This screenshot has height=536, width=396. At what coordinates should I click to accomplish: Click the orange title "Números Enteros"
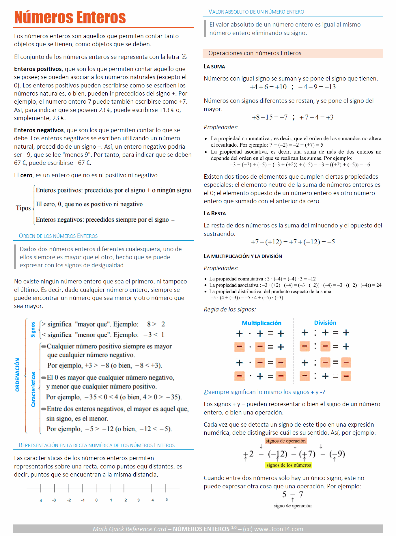point(70,17)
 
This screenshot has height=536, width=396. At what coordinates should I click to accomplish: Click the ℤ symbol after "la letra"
point(184,57)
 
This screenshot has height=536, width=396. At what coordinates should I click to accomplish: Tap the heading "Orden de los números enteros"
point(58,236)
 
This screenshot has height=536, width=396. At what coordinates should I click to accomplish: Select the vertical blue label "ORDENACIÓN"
point(18,375)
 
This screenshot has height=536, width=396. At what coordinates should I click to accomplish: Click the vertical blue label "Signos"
point(33,329)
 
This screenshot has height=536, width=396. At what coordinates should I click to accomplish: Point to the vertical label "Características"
point(33,389)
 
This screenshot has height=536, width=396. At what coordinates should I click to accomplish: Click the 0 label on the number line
point(96,500)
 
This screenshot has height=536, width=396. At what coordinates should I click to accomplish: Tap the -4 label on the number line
point(40,500)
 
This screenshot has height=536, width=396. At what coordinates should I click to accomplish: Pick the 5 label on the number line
point(167,499)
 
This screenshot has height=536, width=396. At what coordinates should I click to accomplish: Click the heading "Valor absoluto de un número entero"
point(256,12)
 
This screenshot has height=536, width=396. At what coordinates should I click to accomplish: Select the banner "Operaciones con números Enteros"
point(255,53)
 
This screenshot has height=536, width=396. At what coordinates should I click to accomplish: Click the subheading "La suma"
point(214,67)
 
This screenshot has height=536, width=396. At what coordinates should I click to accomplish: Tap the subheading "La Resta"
point(215,214)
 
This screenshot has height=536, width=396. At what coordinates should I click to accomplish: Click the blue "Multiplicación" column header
point(261,323)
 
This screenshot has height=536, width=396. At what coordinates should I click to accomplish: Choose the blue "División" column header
point(325,323)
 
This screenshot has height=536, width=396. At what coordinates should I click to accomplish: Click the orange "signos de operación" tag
point(285,441)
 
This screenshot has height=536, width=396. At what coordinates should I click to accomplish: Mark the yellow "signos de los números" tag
point(289,465)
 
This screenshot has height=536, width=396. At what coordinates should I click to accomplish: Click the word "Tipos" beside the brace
point(23,208)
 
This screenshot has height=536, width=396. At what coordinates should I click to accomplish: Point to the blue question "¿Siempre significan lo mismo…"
point(264,392)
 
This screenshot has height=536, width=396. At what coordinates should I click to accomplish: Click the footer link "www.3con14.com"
point(279,529)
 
